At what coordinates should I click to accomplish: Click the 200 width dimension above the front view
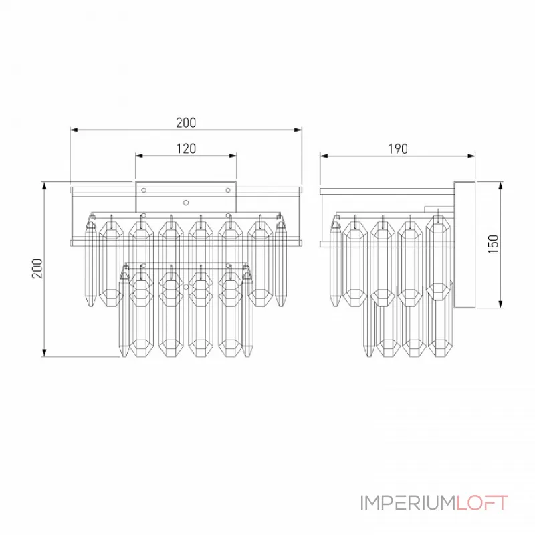(x=186, y=122)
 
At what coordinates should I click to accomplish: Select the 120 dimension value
(x=186, y=148)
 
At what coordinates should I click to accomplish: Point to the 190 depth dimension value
(x=397, y=148)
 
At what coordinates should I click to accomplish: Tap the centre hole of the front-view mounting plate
(x=187, y=201)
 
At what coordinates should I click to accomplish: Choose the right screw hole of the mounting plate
(x=229, y=190)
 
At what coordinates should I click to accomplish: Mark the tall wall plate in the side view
(x=464, y=245)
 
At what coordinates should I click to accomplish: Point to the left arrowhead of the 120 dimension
(x=138, y=156)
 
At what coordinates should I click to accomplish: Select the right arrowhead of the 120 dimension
(x=233, y=156)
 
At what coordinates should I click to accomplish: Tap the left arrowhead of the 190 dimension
(x=324, y=156)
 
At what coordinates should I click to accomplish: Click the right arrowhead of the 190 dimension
(x=471, y=156)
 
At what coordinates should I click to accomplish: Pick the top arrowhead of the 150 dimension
(x=500, y=185)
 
